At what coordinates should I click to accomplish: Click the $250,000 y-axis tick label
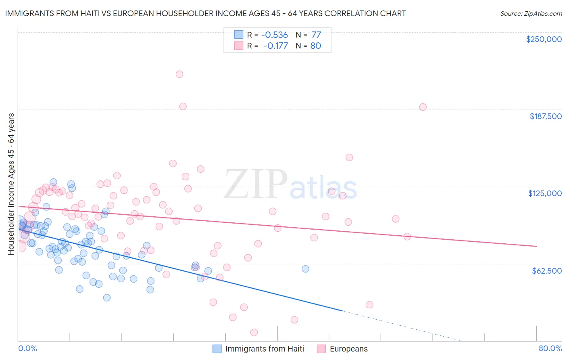click(x=544, y=39)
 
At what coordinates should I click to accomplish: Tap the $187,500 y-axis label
click(x=545, y=116)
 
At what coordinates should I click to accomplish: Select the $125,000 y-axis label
click(x=545, y=193)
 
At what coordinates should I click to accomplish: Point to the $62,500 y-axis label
click(x=547, y=270)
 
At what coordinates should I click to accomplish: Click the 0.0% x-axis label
click(x=27, y=348)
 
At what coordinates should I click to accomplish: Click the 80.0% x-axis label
click(x=550, y=348)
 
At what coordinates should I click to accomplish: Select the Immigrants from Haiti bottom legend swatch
click(x=217, y=349)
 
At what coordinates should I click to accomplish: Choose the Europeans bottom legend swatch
click(x=321, y=349)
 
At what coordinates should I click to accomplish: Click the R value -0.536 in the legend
click(x=275, y=35)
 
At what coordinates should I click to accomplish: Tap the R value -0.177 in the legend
click(x=275, y=46)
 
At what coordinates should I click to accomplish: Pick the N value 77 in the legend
click(x=316, y=35)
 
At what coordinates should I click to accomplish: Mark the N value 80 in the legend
click(x=316, y=46)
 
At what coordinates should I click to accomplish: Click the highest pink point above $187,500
click(x=179, y=74)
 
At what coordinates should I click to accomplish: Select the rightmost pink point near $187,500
click(x=423, y=107)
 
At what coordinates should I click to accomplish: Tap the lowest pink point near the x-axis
click(x=254, y=332)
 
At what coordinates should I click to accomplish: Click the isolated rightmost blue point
click(x=305, y=269)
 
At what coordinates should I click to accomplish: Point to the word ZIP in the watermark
click(x=255, y=184)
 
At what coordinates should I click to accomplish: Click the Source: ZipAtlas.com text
click(x=531, y=13)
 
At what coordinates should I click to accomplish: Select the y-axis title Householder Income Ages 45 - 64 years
click(x=11, y=184)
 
